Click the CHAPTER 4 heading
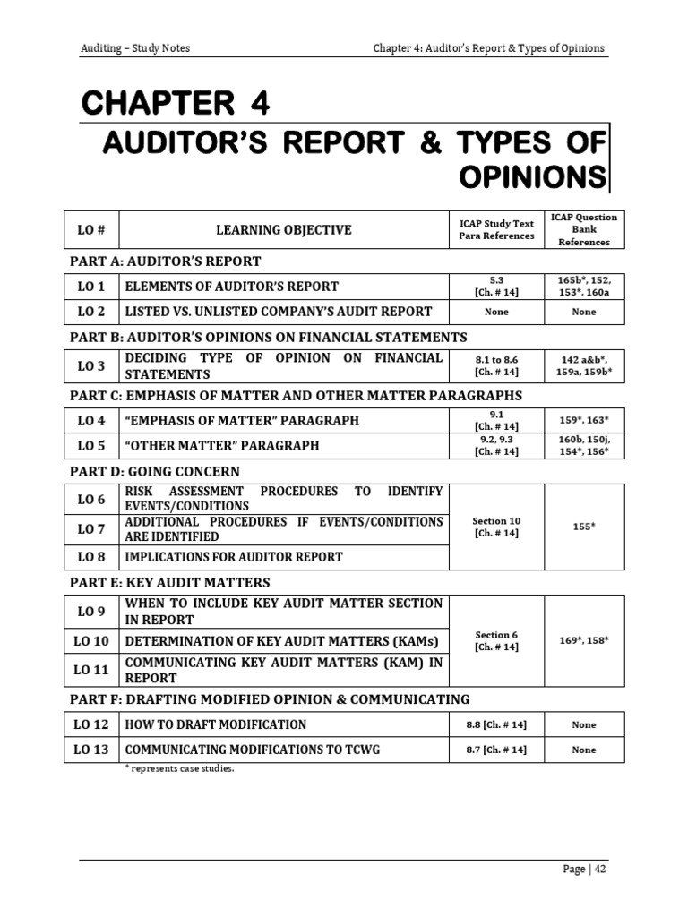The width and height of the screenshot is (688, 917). [175, 104]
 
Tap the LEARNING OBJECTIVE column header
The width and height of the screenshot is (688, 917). [283, 230]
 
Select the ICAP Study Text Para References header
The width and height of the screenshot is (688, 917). [496, 230]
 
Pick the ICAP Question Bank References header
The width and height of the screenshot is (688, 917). [584, 230]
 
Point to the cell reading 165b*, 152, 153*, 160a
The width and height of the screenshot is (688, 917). [584, 287]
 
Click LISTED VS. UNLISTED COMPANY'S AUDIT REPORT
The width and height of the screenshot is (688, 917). [278, 312]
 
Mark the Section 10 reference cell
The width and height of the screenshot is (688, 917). [496, 527]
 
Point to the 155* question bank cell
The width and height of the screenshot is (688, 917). [584, 527]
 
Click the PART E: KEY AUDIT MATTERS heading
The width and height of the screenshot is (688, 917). [169, 583]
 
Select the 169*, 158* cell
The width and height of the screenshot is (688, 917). [584, 641]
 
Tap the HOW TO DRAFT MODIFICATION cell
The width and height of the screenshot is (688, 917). [215, 724]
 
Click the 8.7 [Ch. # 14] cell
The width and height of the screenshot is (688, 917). [496, 750]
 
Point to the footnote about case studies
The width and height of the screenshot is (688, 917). [179, 769]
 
